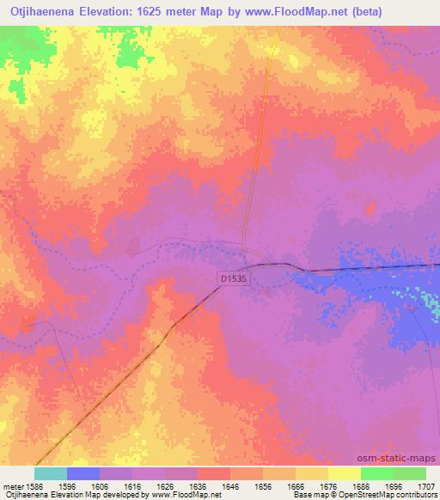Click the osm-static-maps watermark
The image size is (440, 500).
coord(402,458)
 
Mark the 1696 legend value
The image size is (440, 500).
coord(394,485)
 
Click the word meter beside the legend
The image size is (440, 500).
coord(13,485)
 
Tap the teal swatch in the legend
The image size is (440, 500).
coord(51,473)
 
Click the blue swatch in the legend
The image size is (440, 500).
coord(83,473)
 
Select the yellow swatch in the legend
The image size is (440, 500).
coord(344,473)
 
